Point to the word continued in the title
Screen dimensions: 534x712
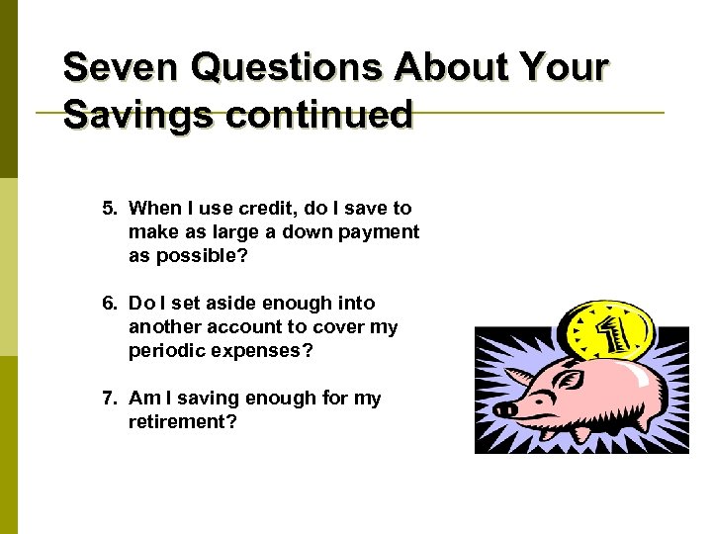pyautogui.click(x=318, y=115)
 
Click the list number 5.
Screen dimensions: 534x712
pyautogui.click(x=110, y=209)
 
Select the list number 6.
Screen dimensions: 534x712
pyautogui.click(x=110, y=304)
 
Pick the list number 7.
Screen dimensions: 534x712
pyautogui.click(x=110, y=399)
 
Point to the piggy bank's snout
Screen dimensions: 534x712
pyautogui.click(x=505, y=408)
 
